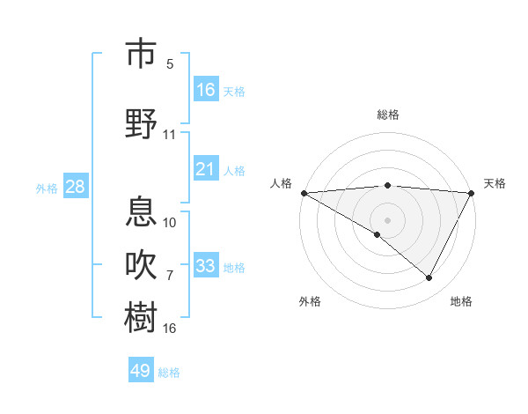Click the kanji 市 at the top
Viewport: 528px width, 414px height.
click(141, 54)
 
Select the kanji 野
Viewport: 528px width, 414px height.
click(141, 123)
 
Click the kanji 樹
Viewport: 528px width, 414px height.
click(141, 316)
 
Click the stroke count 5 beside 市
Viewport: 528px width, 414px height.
click(170, 64)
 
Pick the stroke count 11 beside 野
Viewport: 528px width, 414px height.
click(170, 135)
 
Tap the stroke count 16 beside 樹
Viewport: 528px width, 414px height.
click(170, 329)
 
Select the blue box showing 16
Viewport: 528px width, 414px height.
click(206, 90)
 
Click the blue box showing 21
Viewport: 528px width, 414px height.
click(206, 169)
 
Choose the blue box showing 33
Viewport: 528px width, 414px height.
click(206, 266)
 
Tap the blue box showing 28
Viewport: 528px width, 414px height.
click(75, 187)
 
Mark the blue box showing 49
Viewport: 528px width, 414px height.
click(141, 371)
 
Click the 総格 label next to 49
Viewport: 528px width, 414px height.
click(169, 373)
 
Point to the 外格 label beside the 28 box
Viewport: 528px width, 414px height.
click(47, 188)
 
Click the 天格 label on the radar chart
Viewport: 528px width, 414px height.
click(495, 183)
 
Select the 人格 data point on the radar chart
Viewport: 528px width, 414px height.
click(304, 193)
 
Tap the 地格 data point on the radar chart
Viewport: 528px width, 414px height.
click(429, 277)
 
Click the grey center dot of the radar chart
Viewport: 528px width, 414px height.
click(387, 219)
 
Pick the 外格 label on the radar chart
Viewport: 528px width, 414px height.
click(311, 301)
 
